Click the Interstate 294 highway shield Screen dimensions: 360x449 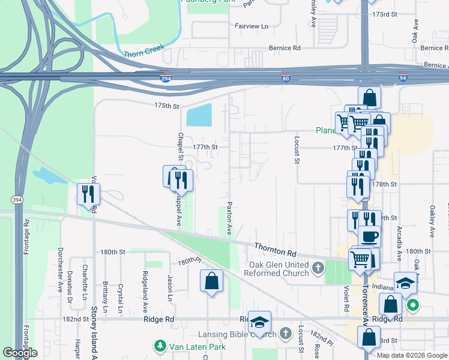coord(165,79)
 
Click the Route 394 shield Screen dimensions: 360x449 coord(16,199)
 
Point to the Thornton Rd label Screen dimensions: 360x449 coord(276,246)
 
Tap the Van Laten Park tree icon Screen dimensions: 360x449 coord(160,346)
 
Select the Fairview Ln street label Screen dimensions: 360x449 coord(252,26)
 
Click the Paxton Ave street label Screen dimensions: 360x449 coord(229,218)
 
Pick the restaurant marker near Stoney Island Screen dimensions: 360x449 coord(89,194)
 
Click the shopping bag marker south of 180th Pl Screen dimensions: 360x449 coord(211,280)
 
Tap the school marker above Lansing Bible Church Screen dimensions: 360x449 coord(260,322)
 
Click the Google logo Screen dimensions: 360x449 coord(20,353)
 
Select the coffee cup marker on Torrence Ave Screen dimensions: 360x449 coord(369,236)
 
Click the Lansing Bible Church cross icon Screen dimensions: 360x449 coord(286,332)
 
